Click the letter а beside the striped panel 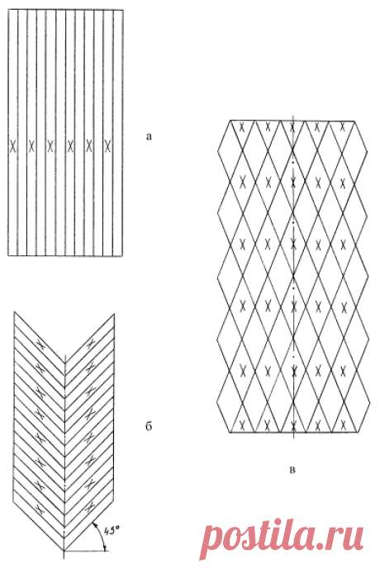coord(149,137)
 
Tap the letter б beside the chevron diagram coord(149,425)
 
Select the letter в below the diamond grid coord(293,470)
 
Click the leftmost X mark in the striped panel coord(13,146)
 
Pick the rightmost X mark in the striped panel coord(107,146)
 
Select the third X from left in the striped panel coord(51,146)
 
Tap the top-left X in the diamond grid coord(243,127)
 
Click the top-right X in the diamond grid coord(342,127)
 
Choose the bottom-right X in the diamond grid coord(342,424)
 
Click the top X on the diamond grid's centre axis coord(293,127)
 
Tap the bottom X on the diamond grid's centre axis coord(293,424)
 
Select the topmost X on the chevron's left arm coord(41,345)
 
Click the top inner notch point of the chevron coord(64,360)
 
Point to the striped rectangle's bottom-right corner coord(123,256)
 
